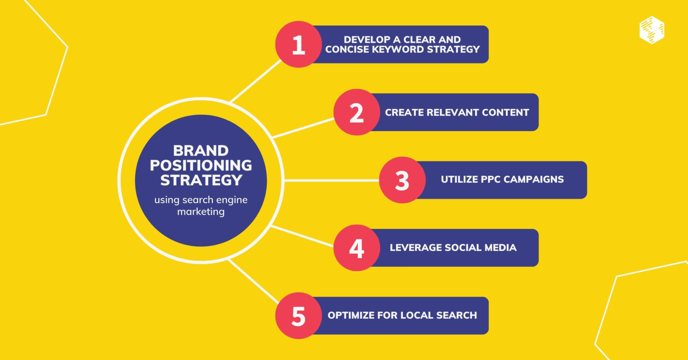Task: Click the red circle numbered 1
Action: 298,44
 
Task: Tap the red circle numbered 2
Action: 357,112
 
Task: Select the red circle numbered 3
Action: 402,180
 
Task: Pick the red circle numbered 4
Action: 357,248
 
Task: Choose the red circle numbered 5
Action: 298,315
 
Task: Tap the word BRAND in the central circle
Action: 201,151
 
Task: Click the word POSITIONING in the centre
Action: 201,165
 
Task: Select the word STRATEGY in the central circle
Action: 201,180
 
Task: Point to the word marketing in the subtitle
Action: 201,212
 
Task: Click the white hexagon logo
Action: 652,30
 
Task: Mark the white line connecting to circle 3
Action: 331,180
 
